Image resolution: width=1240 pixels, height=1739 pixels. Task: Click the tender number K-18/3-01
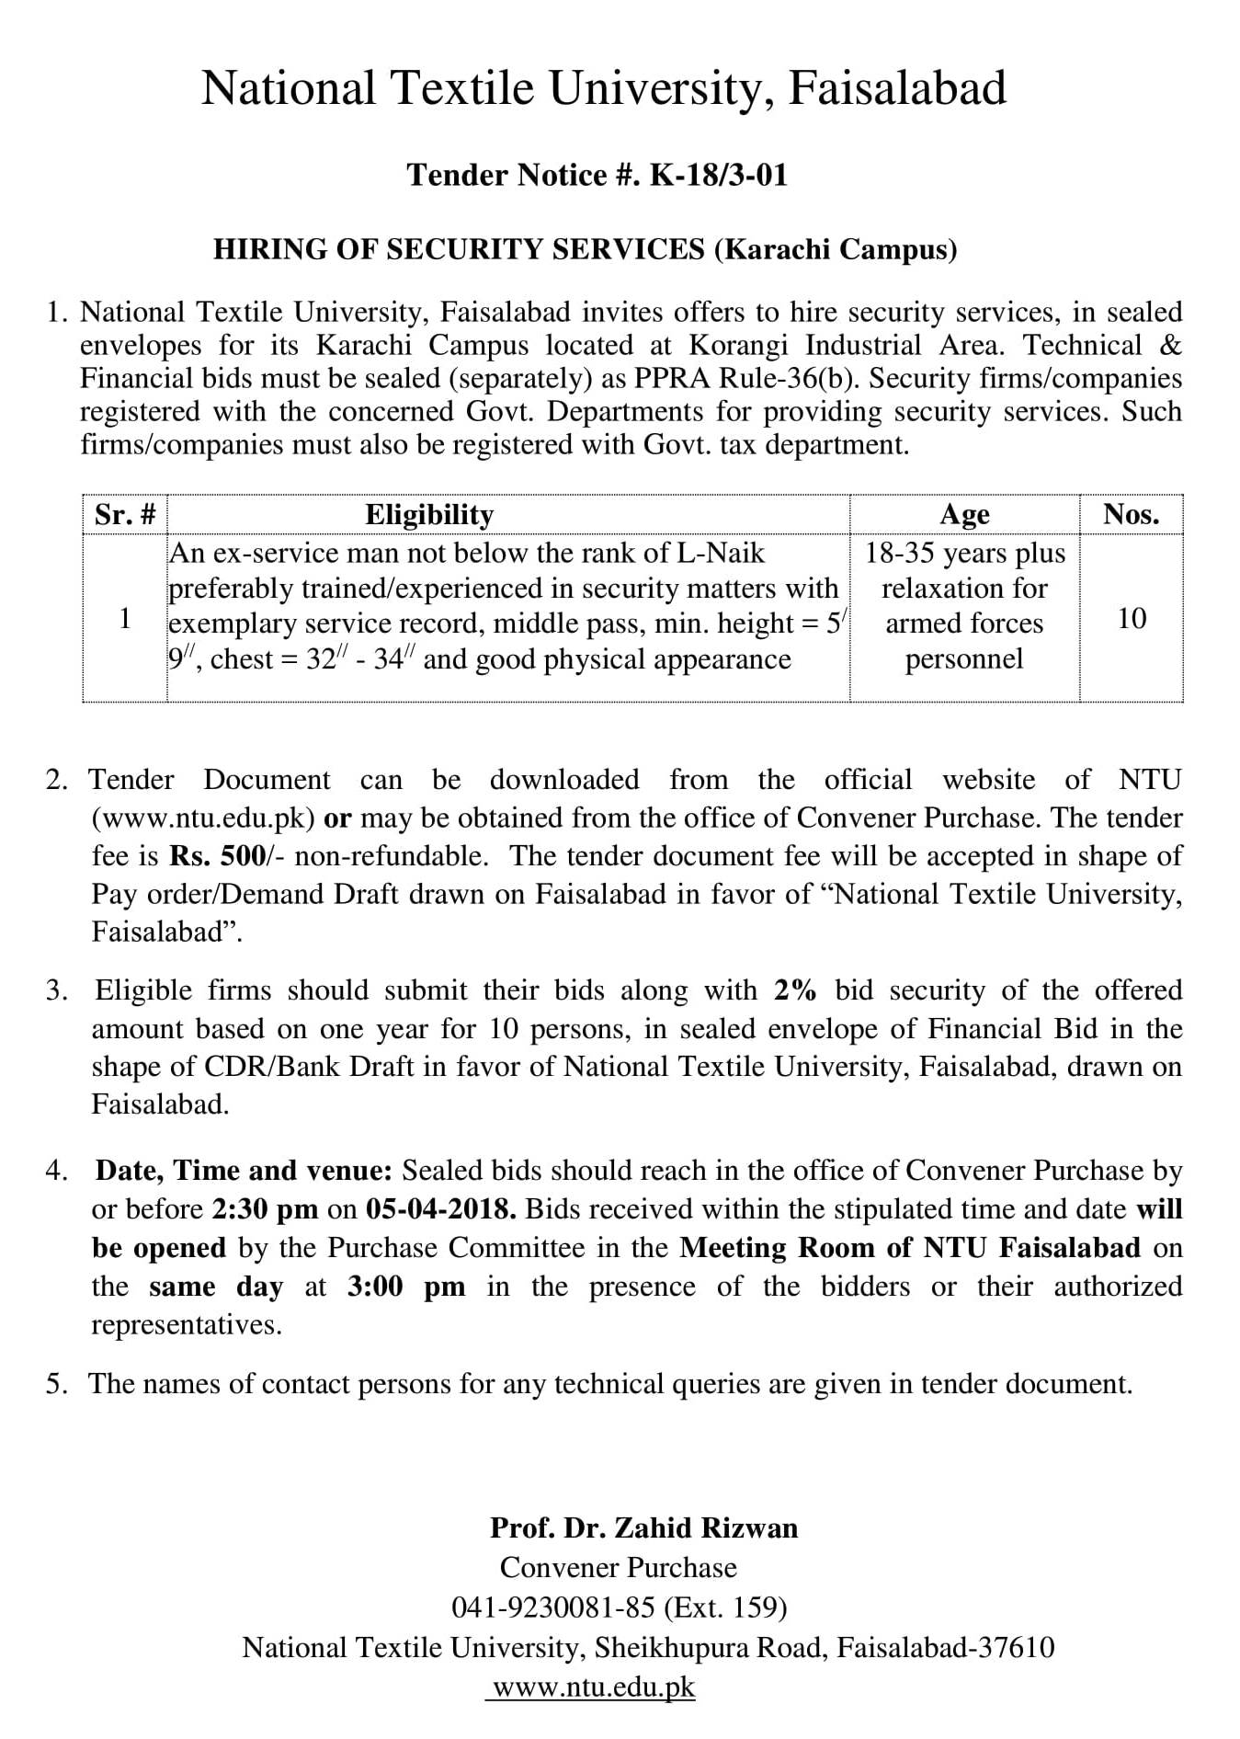coord(718,175)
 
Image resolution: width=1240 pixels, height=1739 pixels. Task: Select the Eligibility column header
coord(429,514)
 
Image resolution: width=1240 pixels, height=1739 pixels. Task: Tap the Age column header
coord(963,514)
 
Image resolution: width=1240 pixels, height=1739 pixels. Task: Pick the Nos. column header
coord(1131,514)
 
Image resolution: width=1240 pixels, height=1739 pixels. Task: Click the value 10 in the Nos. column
coord(1132,619)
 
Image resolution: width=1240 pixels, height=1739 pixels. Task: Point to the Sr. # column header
coord(124,514)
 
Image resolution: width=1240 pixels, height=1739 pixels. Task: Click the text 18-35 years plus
coord(964,554)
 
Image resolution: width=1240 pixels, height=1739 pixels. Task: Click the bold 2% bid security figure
coord(795,990)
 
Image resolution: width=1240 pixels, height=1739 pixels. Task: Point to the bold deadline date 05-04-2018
coord(440,1208)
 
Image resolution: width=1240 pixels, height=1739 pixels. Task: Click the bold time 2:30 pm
coord(265,1208)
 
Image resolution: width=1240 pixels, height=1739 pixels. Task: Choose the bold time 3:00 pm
coord(405,1286)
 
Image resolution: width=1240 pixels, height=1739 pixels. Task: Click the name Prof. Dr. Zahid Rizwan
coord(643,1528)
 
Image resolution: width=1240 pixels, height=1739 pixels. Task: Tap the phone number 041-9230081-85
coord(552,1607)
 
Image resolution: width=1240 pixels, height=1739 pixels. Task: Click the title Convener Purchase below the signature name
coord(618,1568)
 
